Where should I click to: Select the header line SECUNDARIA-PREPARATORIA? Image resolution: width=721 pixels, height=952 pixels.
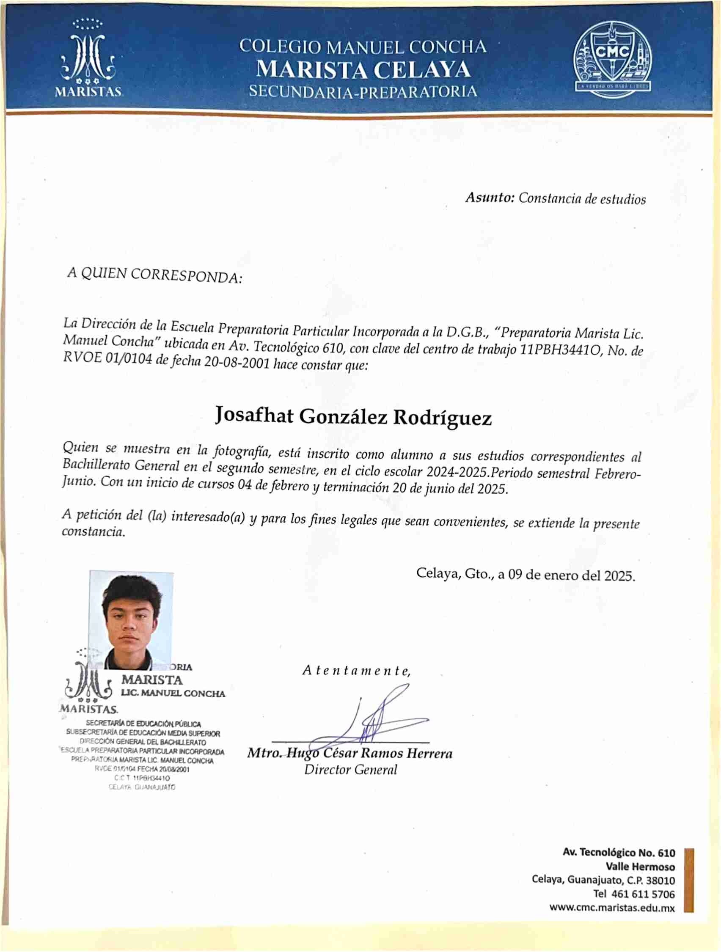click(363, 92)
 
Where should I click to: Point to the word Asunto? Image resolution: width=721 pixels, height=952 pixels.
click(490, 198)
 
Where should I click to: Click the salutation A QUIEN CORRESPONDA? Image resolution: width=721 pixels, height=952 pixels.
click(154, 275)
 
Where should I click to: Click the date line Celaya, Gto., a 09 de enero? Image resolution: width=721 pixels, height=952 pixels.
click(525, 575)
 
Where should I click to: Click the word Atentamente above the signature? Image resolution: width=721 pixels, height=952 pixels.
click(356, 671)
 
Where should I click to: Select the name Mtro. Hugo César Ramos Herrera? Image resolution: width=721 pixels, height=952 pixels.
click(349, 753)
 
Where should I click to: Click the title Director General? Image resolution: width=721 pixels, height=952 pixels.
click(350, 770)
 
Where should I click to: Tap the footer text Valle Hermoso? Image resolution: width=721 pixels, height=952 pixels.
click(640, 867)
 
